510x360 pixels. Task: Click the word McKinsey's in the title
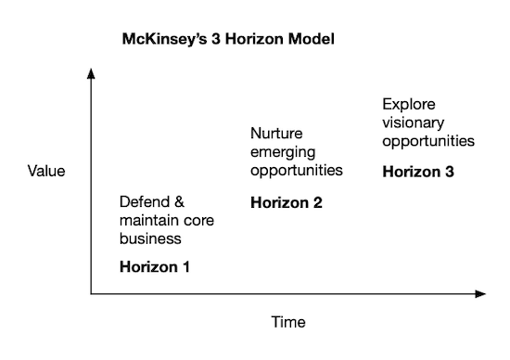point(164,41)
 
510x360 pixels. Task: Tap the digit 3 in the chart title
point(214,41)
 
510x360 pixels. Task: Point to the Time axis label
point(287,323)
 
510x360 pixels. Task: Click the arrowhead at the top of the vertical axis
point(91,72)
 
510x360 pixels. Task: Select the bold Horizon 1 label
point(155,266)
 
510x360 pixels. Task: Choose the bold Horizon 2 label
point(287,201)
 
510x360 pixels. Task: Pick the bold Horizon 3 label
point(418,171)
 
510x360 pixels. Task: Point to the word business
point(149,238)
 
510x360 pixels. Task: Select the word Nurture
point(275,134)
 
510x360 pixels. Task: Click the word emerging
point(283,152)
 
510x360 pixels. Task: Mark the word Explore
point(408,104)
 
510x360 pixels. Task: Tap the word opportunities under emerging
point(298,171)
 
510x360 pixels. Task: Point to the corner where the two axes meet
point(91,294)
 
